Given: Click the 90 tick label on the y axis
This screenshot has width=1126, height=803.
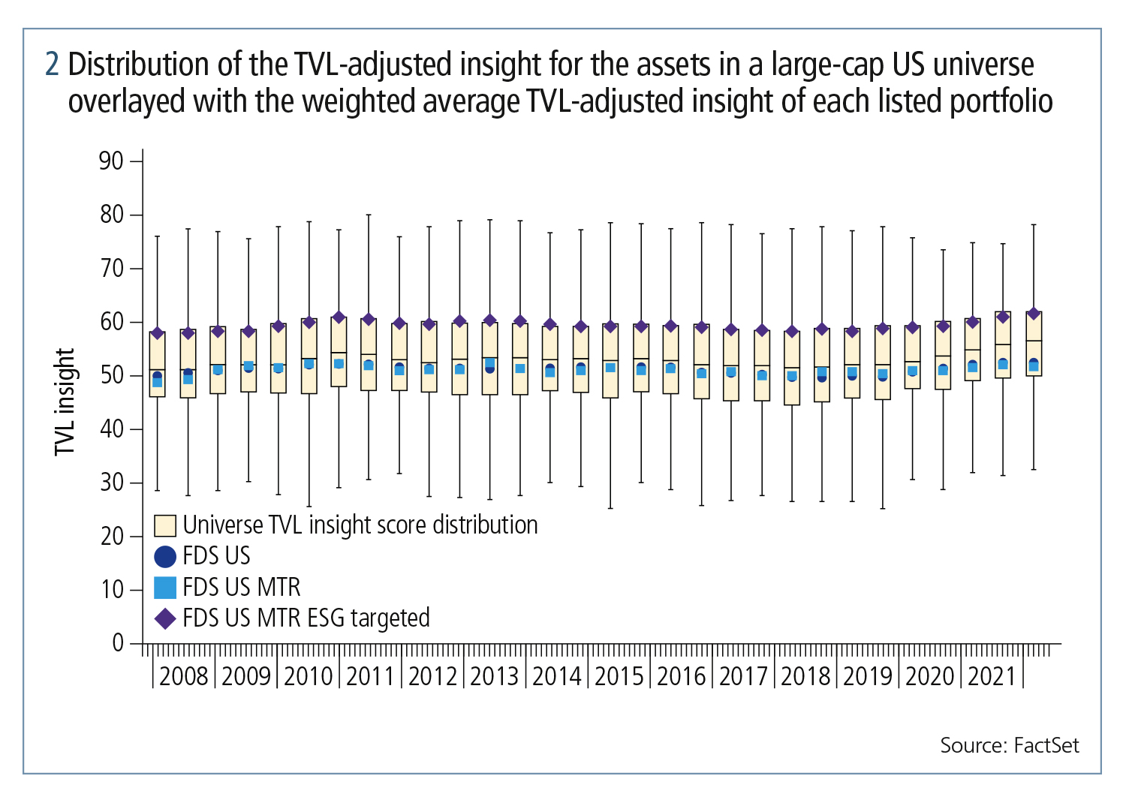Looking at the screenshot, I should (111, 161).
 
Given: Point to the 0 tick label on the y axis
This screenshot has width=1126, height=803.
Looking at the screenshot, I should (118, 643).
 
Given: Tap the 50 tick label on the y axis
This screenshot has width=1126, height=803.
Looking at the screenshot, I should (111, 375).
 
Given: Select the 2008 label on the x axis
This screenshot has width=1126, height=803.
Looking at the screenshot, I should (184, 676).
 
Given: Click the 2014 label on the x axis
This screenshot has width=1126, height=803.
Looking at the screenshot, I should (557, 676).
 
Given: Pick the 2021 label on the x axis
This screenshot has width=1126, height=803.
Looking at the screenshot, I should (992, 676).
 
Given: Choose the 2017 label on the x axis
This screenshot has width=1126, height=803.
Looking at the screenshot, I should (743, 676).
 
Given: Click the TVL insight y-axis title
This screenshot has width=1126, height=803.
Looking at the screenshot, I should (65, 401).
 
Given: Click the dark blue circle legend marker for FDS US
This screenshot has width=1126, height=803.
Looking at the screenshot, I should (165, 556).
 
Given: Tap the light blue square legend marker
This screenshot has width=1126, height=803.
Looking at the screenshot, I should (165, 587).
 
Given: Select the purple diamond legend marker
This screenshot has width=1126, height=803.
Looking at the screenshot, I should (165, 618).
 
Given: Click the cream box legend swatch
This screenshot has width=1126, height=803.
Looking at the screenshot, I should (165, 525).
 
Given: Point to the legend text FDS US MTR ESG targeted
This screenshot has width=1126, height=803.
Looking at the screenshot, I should (306, 618).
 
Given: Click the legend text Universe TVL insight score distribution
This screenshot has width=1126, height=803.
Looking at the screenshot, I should (360, 525).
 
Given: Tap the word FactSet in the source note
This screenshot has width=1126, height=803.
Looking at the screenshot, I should (1046, 745).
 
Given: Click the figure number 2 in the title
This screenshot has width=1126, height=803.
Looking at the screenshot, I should (52, 65).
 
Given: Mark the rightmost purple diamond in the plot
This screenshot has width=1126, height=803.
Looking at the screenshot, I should (1034, 314).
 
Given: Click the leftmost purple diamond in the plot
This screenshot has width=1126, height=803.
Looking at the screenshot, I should (157, 333).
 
